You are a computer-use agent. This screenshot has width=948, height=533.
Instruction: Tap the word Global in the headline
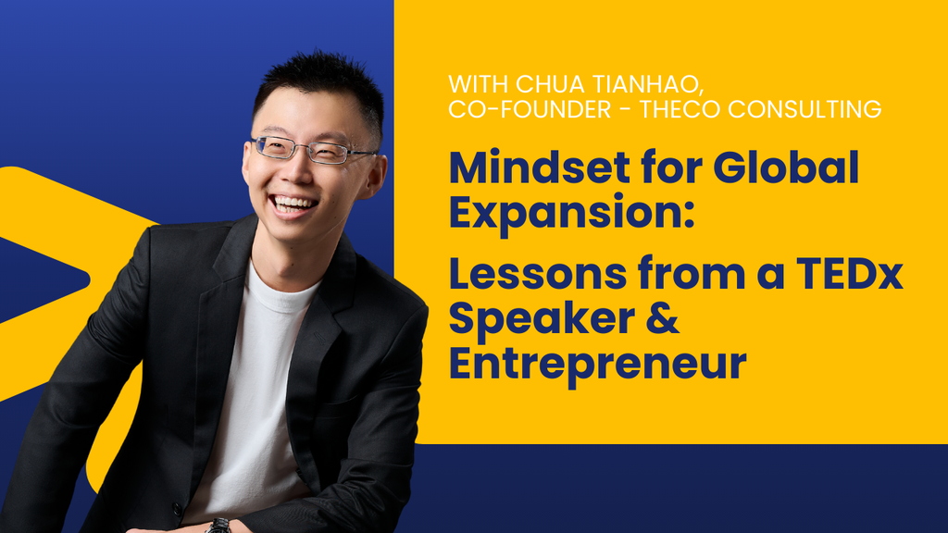coord(786,167)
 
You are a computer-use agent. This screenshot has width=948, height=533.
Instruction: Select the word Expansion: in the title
coord(572,214)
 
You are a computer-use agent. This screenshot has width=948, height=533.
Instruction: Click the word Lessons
coord(538,274)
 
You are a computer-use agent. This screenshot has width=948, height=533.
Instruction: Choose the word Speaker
coord(542,320)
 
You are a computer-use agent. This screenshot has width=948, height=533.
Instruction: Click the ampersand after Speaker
coord(663,318)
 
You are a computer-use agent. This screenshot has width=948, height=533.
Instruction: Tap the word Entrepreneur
coord(598,365)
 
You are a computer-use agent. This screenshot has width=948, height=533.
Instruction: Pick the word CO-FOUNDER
coord(530,109)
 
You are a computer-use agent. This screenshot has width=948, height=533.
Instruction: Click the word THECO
coord(680,109)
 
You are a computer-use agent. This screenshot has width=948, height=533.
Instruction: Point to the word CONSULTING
coord(805,109)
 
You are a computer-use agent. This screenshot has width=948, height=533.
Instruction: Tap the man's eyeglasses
coord(311,150)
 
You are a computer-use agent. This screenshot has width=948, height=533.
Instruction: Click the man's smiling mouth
coord(293,204)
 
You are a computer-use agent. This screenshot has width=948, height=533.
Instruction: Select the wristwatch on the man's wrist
coord(218,526)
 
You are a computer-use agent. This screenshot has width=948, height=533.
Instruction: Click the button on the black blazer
coord(177,510)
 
